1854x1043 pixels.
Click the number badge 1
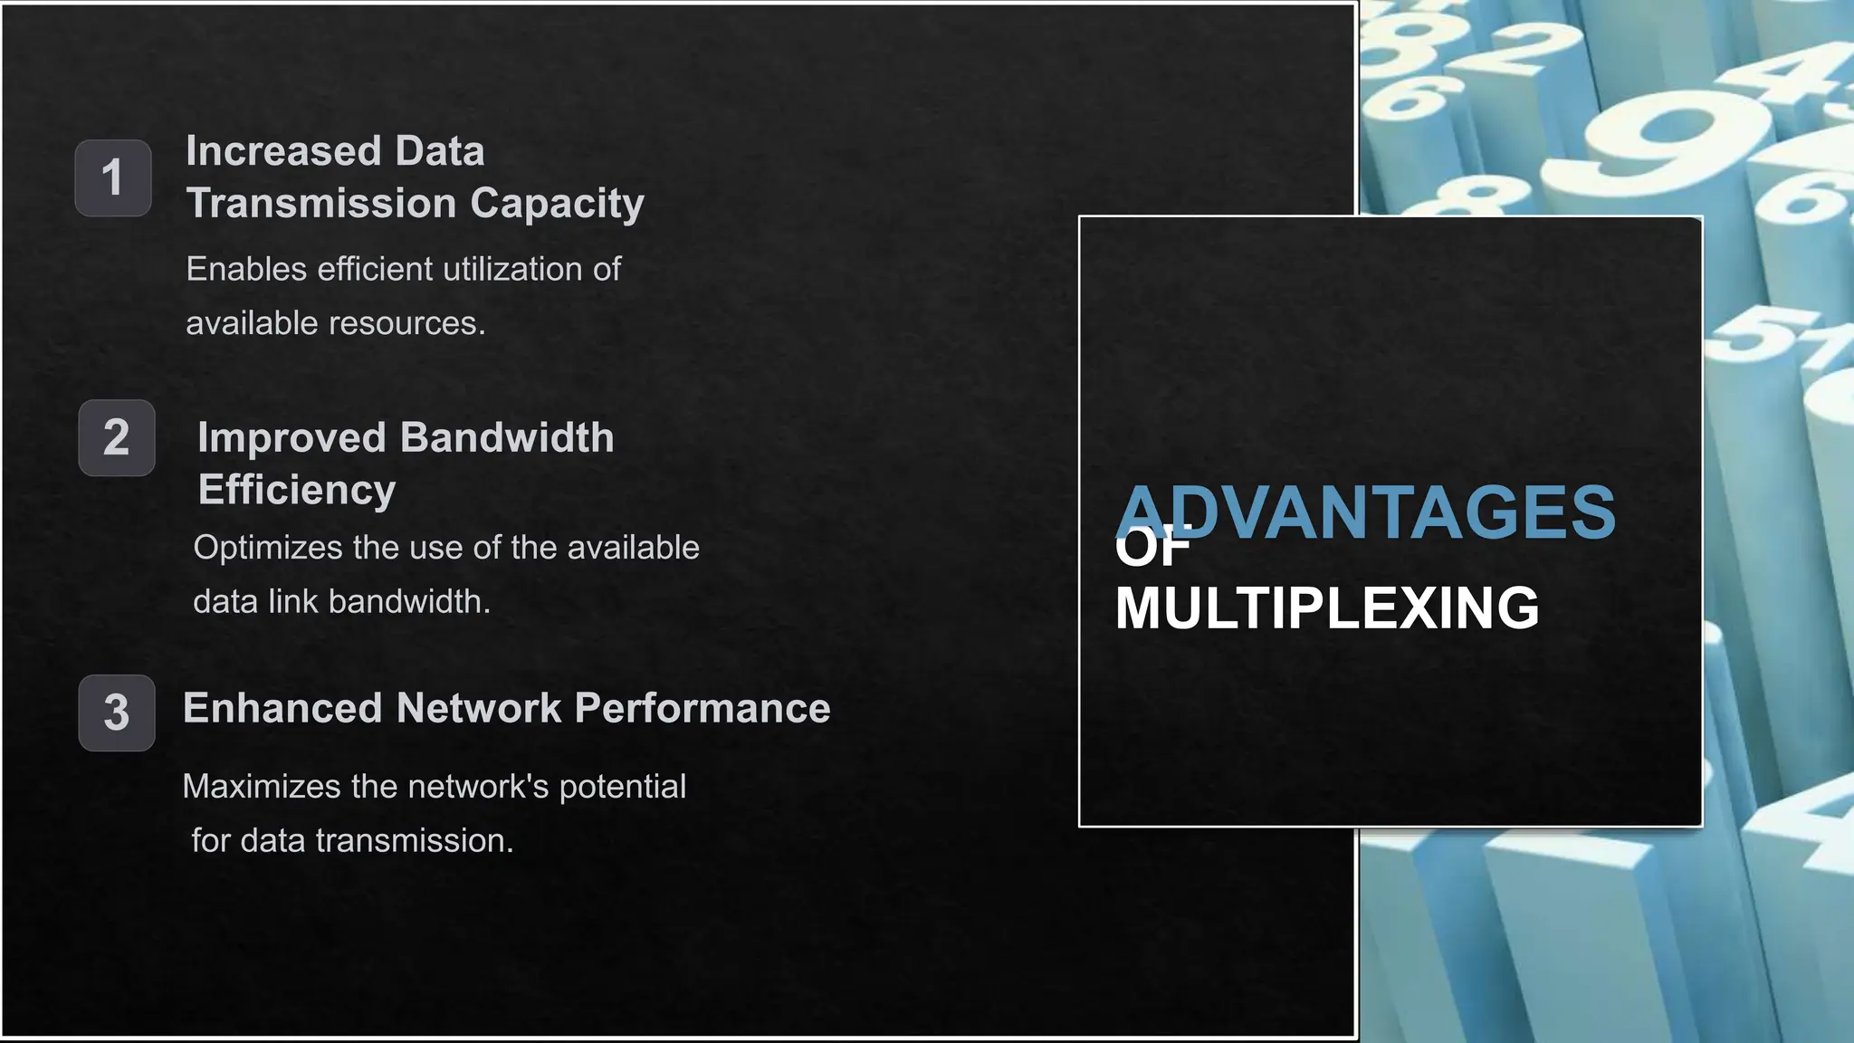pyautogui.click(x=112, y=177)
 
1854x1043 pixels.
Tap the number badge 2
pyautogui.click(x=116, y=438)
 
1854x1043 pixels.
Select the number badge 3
pyautogui.click(x=116, y=713)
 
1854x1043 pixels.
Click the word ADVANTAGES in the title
pyautogui.click(x=1367, y=512)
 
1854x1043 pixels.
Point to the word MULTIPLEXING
pyautogui.click(x=1327, y=608)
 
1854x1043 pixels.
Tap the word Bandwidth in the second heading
pyautogui.click(x=507, y=438)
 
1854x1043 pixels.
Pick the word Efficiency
pyautogui.click(x=297, y=490)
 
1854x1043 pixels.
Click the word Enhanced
pyautogui.click(x=282, y=708)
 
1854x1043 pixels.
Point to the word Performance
pyautogui.click(x=702, y=708)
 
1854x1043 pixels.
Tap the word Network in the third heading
pyautogui.click(x=478, y=708)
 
